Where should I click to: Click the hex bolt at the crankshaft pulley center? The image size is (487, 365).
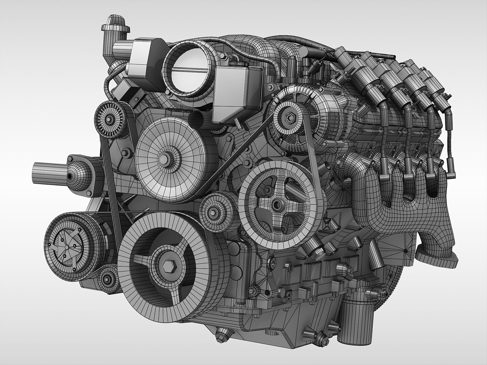[x=168, y=266]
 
